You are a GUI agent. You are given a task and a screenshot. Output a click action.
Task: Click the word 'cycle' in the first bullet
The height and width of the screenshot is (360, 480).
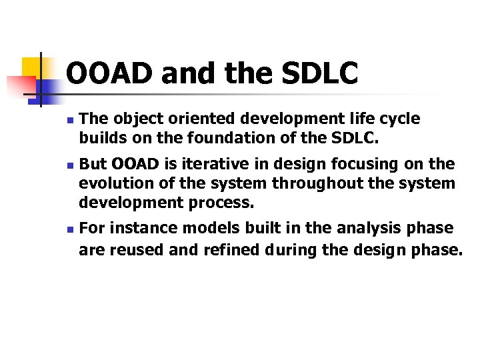coord(400,119)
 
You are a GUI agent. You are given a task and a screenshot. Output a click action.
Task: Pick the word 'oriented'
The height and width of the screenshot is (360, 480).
coord(163,119)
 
